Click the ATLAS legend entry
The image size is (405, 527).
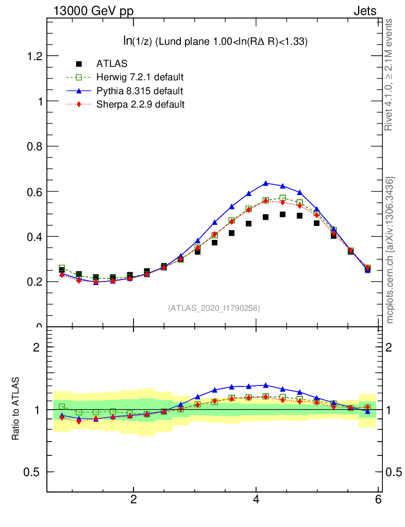click(x=112, y=64)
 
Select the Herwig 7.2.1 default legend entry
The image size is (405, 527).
click(x=140, y=77)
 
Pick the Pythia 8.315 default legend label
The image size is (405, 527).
click(x=139, y=91)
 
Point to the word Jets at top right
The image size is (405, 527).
click(x=364, y=11)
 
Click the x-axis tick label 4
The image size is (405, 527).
click(x=256, y=500)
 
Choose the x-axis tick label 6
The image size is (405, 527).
click(x=378, y=500)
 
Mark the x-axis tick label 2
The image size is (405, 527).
click(x=134, y=500)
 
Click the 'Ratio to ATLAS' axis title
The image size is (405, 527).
click(x=16, y=409)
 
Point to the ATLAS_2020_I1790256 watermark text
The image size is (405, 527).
click(x=214, y=308)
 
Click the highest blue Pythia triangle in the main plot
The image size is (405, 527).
click(x=265, y=183)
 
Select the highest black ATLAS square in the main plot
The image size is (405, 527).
click(x=282, y=214)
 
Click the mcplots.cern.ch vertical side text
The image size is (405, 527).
click(x=390, y=250)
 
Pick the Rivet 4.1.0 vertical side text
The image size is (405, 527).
click(x=390, y=75)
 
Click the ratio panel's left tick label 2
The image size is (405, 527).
click(x=37, y=347)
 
